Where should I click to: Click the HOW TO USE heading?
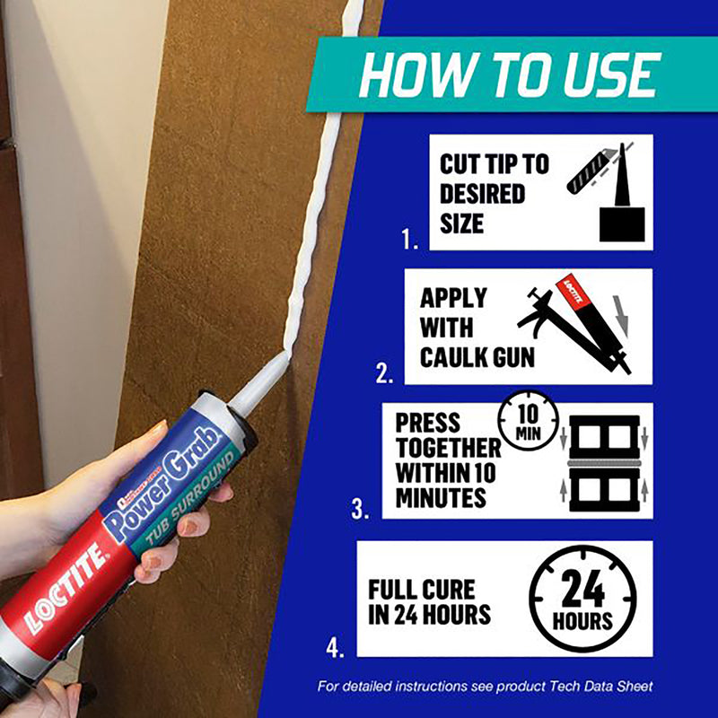[x=509, y=76]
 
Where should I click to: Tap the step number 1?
[x=410, y=240]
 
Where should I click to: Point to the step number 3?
[x=361, y=510]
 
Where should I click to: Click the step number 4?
[x=336, y=645]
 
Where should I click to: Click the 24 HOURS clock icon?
[x=582, y=600]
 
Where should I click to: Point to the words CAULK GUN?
[x=477, y=357]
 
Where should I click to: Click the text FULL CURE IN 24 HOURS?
[x=430, y=602]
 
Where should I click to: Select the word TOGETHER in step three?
[x=448, y=447]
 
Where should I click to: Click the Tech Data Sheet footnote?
[x=486, y=687]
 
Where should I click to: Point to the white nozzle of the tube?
[x=260, y=381]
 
